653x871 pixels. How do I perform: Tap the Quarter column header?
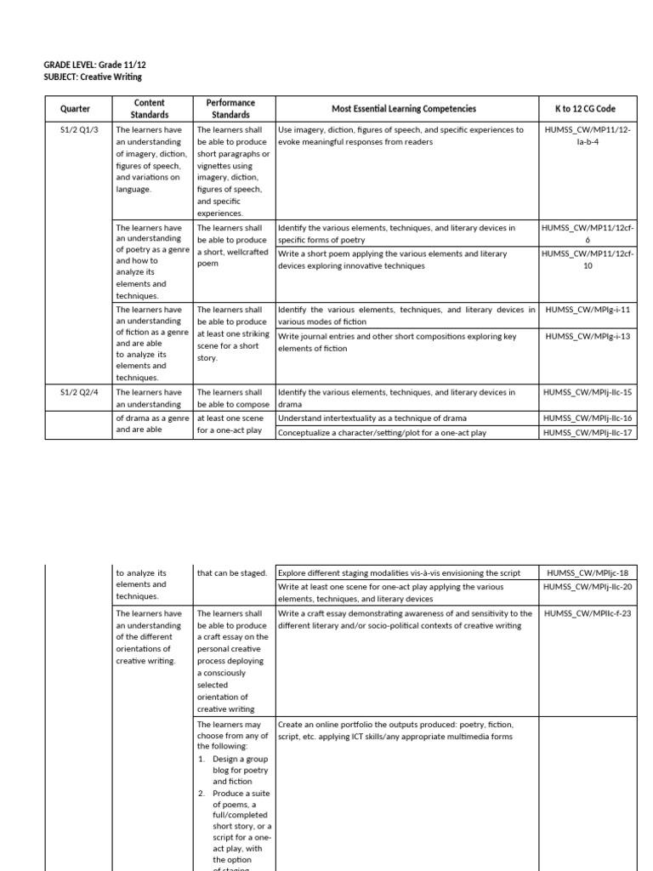75,109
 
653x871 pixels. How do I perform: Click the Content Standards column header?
150,109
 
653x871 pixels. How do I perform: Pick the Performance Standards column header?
230,109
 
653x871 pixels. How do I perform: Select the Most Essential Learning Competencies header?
404,109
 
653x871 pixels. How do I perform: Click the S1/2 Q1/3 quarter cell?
75,130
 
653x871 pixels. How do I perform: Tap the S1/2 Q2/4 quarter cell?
75,392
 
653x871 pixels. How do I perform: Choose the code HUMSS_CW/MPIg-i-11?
588,310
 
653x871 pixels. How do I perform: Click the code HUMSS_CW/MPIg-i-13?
588,337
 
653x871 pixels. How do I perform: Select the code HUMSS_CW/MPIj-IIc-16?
588,418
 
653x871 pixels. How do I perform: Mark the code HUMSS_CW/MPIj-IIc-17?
588,433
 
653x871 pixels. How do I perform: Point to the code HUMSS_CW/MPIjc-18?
588,573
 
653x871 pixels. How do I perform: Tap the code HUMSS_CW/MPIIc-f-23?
588,613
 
